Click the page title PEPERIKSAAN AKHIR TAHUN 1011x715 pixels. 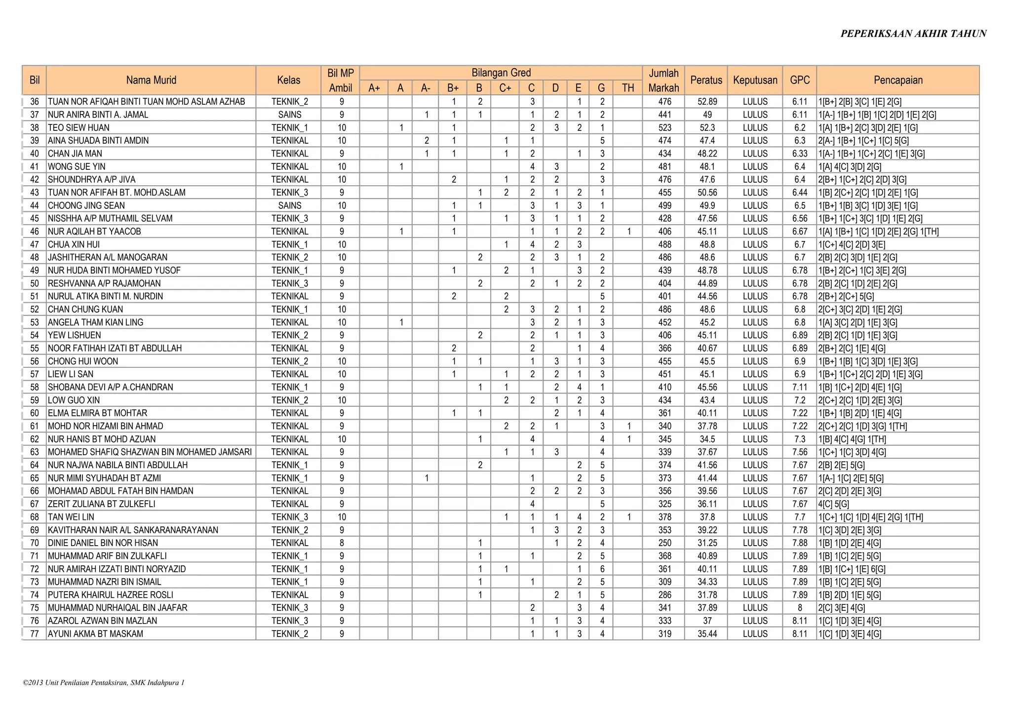pos(913,34)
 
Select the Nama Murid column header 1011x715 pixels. pos(151,80)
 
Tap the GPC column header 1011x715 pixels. pos(800,80)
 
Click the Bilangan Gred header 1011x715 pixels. pos(501,73)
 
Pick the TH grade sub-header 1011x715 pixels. pos(628,88)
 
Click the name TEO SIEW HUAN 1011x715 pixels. pos(78,127)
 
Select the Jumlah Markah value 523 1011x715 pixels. pos(664,127)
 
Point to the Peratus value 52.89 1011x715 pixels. pos(707,102)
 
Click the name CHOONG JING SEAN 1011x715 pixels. pos(86,205)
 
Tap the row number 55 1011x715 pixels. pos(35,348)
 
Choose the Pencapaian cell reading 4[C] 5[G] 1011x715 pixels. pos(834,504)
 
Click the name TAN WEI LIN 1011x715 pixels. pos(71,517)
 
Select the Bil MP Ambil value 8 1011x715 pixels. pos(342,543)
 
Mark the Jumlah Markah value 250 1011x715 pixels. pos(664,543)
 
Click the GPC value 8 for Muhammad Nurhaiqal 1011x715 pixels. pos(800,608)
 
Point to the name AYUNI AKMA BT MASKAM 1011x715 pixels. pos(95,634)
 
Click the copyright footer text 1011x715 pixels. pos(104,683)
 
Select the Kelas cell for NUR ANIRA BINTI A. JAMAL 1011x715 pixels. pos(289,115)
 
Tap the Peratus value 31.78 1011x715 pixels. pos(707,595)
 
